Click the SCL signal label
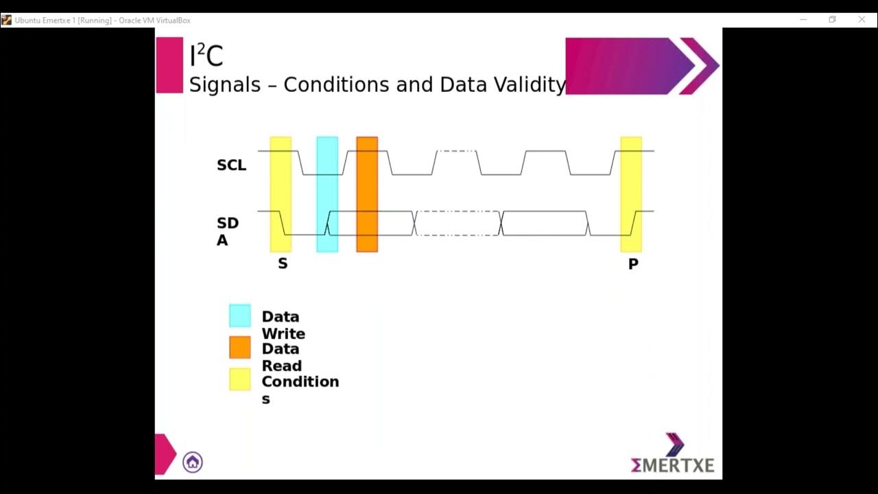[231, 165]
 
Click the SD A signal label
[227, 232]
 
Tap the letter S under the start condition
[283, 263]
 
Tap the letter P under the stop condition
[633, 264]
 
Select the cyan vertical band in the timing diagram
[327, 194]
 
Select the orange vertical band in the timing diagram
[367, 194]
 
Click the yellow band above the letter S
[281, 194]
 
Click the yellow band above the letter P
[631, 194]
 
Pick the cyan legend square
[240, 316]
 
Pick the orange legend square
[240, 347]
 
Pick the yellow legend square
[240, 379]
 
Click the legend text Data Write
[283, 325]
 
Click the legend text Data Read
[281, 357]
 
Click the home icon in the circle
[193, 462]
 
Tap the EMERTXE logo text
[672, 465]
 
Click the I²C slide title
[206, 56]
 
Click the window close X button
[862, 20]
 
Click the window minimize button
[803, 20]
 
